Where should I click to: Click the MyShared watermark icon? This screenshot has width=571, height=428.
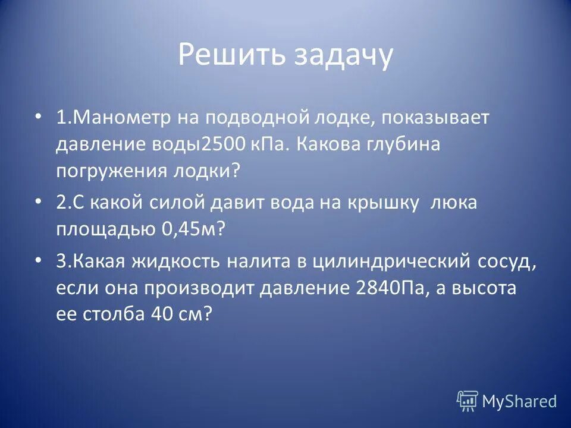pos(468,401)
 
